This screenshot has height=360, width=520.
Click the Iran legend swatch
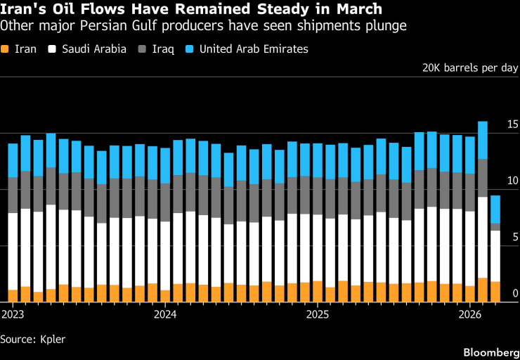pyautogui.click(x=6, y=49)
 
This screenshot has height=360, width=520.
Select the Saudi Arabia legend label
pyautogui.click(x=94, y=49)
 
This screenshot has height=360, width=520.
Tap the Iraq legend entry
pyautogui.click(x=165, y=49)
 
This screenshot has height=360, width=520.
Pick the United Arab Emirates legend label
pyautogui.click(x=254, y=49)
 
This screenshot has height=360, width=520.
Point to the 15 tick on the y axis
pyautogui.click(x=512, y=124)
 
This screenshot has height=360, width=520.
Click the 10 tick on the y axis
pyautogui.click(x=512, y=181)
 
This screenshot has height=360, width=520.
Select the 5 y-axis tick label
pyautogui.click(x=515, y=237)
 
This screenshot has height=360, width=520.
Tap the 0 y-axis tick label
pyautogui.click(x=515, y=293)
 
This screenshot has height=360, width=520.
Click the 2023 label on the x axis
pyautogui.click(x=13, y=313)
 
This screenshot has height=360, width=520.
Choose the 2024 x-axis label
pyautogui.click(x=164, y=313)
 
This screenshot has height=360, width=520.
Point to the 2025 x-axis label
pyautogui.click(x=317, y=313)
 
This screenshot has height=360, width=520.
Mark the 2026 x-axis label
pyautogui.click(x=469, y=313)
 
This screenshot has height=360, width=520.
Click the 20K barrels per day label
pyautogui.click(x=469, y=68)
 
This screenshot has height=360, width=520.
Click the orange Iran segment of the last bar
pyautogui.click(x=495, y=291)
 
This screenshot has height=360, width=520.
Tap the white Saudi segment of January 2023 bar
pyautogui.click(x=13, y=251)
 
